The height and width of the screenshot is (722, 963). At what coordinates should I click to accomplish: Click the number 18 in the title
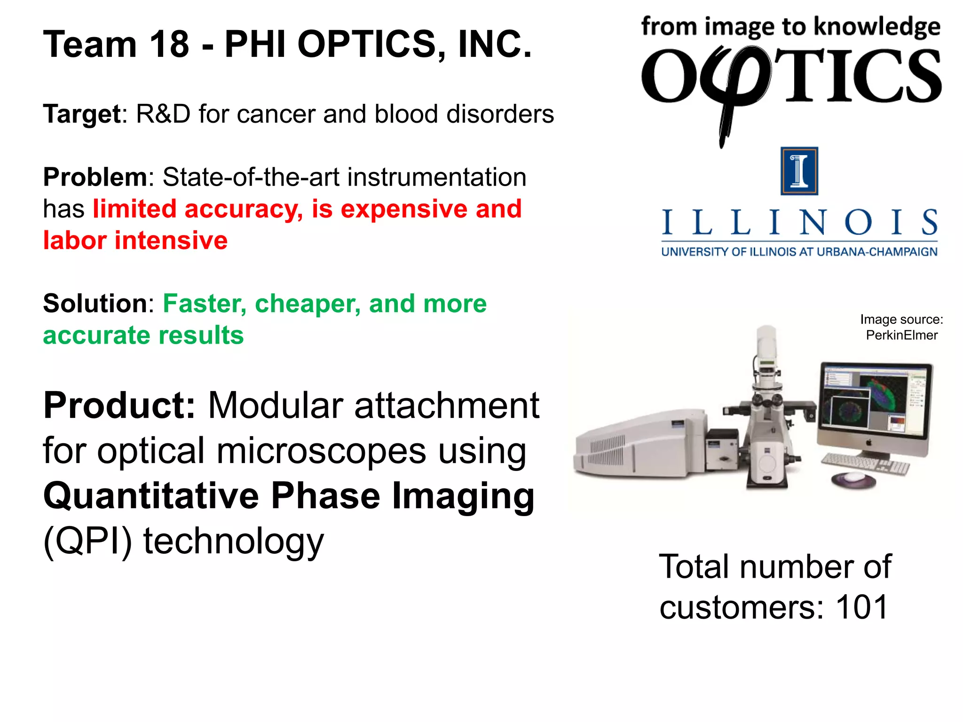[x=169, y=45]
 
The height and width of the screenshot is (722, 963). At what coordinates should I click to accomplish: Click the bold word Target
[x=82, y=114]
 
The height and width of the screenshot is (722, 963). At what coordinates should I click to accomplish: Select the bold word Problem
[x=95, y=177]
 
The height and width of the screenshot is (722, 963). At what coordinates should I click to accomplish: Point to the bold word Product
[x=119, y=405]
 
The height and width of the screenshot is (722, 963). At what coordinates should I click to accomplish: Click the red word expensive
[x=404, y=209]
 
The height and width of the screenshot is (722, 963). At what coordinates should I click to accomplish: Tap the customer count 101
[x=861, y=607]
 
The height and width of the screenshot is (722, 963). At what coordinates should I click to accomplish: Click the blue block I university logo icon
[x=799, y=171]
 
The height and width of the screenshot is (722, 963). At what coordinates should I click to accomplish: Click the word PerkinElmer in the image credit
[x=901, y=335]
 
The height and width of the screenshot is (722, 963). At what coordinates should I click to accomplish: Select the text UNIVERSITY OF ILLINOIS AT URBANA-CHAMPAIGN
[x=799, y=252]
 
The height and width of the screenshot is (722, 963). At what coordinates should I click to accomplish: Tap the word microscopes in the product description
[x=322, y=450]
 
